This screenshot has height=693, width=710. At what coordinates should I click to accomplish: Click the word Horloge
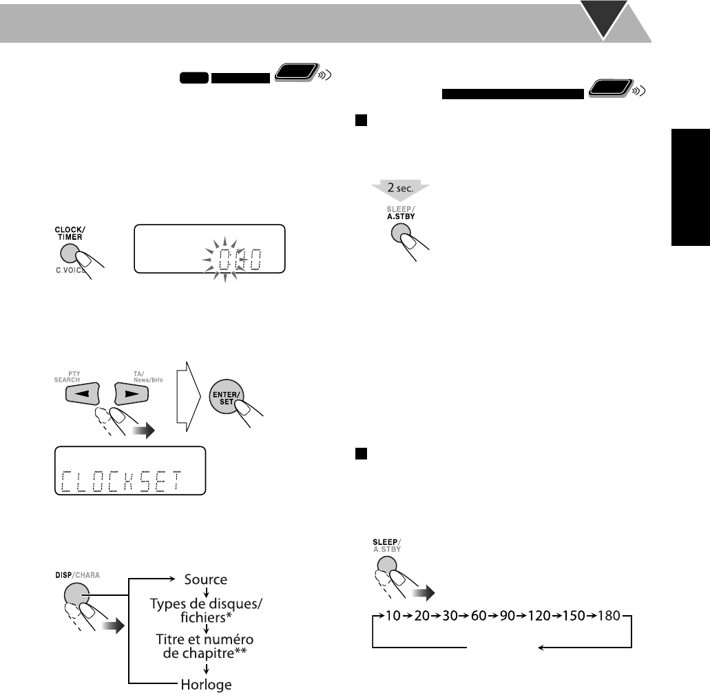coord(206,684)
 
